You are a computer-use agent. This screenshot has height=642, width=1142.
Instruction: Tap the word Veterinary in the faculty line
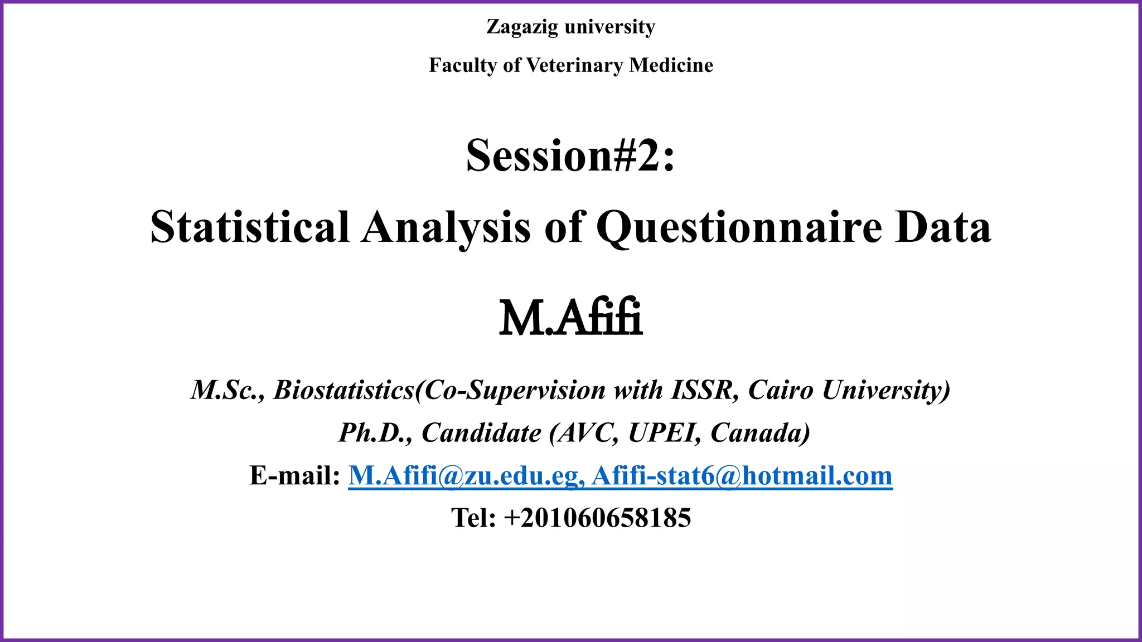[x=574, y=65]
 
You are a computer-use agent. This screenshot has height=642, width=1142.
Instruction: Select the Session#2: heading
[x=570, y=155]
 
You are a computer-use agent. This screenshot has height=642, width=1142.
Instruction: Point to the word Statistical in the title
[x=250, y=227]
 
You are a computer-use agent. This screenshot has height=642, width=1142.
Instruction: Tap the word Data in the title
[x=943, y=227]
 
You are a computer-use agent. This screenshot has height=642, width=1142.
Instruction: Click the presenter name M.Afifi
[x=570, y=319]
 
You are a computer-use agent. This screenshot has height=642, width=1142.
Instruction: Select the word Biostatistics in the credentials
[x=343, y=390]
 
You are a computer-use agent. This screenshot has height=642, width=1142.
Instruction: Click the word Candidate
[x=481, y=432]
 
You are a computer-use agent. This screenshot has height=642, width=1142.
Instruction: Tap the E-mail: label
[x=294, y=475]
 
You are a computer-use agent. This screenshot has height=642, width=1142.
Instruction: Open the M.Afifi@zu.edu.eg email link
[x=466, y=475]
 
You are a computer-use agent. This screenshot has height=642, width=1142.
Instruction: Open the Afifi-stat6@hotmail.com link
[x=742, y=475]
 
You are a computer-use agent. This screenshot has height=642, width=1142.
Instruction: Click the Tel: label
[x=473, y=518]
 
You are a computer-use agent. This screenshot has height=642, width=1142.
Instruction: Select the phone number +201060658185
[x=597, y=518]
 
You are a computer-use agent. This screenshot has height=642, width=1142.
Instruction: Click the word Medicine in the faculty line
[x=671, y=65]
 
